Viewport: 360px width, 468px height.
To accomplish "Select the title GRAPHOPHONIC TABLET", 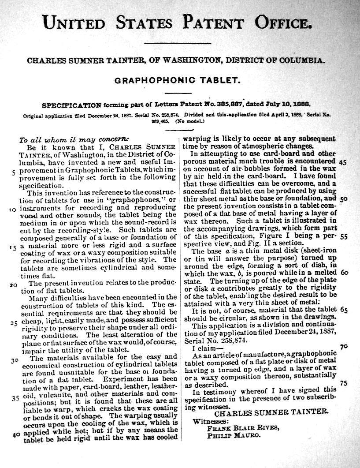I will (x=177, y=81).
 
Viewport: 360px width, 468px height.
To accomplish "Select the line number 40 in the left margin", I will (x=16, y=434).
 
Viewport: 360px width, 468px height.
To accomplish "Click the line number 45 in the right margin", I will (x=343, y=162).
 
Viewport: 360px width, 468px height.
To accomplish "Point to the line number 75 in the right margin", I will (x=344, y=383).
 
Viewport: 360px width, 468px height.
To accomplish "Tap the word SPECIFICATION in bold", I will (x=71, y=105).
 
